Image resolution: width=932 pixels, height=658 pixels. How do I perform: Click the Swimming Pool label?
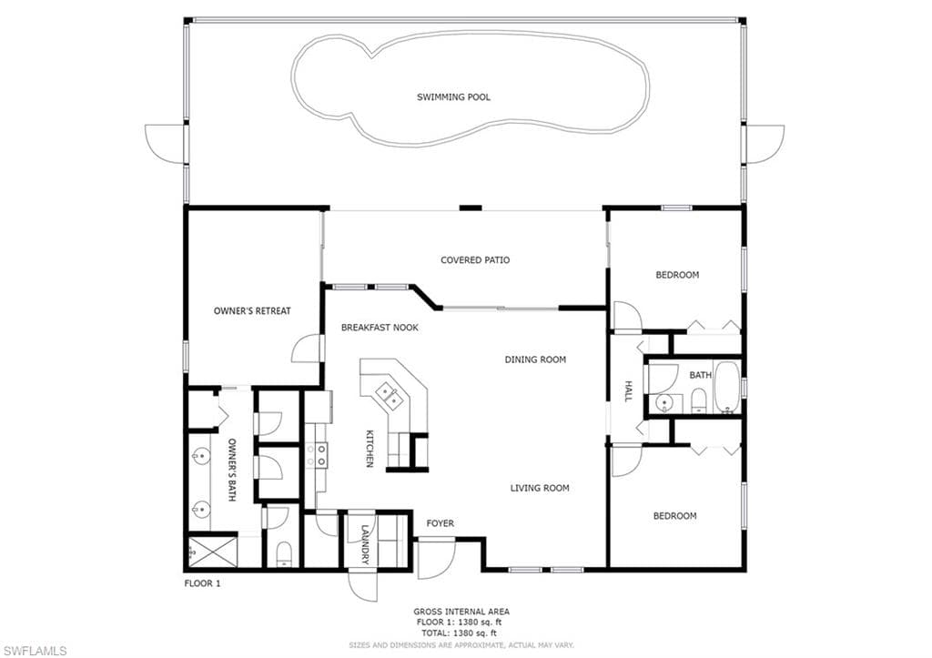tap(453, 96)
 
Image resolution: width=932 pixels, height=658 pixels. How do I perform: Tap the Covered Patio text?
tap(475, 259)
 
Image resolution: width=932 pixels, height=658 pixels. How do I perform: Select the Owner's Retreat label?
tap(252, 311)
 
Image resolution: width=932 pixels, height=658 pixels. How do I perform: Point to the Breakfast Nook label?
tap(380, 328)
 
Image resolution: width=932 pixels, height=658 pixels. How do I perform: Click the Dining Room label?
tap(535, 359)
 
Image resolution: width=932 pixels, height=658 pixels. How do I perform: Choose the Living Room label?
tap(540, 488)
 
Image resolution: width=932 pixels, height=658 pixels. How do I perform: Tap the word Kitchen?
tap(370, 449)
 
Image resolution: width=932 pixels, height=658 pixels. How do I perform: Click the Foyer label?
tap(440, 523)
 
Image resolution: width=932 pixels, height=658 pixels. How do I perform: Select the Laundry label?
tap(365, 544)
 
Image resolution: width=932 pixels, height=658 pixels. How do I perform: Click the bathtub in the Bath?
tap(726, 387)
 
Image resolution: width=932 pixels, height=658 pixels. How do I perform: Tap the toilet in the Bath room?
tap(698, 401)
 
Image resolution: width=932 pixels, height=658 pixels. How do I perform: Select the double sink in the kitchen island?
tap(390, 396)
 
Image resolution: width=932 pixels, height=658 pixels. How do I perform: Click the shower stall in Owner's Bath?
tap(213, 552)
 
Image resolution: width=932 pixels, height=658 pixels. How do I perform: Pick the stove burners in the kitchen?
tap(316, 455)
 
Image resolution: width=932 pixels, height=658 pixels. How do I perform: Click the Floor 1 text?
tap(202, 583)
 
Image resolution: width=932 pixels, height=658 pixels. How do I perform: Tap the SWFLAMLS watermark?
tap(35, 652)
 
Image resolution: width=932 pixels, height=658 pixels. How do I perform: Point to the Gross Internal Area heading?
tap(461, 612)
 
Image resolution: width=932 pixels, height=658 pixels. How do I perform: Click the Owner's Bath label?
tap(232, 470)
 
